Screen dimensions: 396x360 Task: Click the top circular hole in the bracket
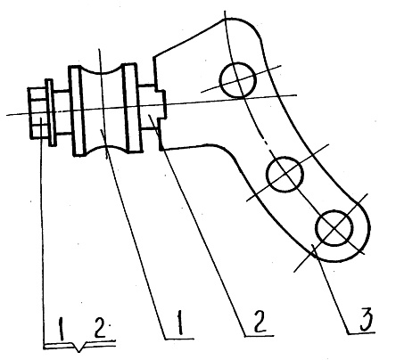point(237,80)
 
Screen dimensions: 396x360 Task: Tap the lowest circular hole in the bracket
point(334,228)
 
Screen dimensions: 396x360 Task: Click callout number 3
point(367,320)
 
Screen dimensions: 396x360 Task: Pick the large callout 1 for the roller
point(179,323)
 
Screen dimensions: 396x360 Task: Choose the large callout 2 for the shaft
point(260,321)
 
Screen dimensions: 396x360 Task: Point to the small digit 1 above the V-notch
point(62,329)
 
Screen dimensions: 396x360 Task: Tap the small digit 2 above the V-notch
point(99,327)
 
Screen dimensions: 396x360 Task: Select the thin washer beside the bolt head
point(50,112)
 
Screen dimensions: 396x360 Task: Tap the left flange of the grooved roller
point(76,110)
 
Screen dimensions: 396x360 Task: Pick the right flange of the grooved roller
point(133,109)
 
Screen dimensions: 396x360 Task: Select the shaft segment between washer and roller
point(62,112)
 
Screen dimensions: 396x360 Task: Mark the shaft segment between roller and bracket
point(148,107)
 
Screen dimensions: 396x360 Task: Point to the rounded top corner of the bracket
point(244,24)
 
